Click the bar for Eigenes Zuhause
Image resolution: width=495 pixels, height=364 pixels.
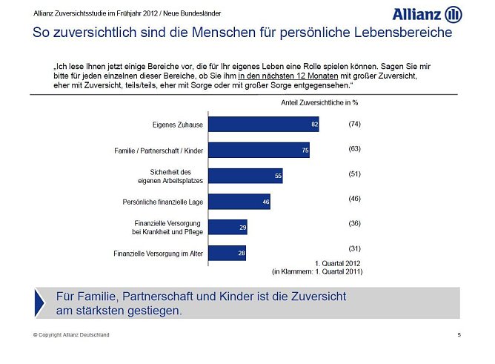tap(263, 125)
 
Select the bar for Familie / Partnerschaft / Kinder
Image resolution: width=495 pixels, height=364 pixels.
tap(258, 150)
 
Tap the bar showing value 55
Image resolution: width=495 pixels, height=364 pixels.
tap(245, 176)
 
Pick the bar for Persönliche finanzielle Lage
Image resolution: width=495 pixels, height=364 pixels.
tap(239, 202)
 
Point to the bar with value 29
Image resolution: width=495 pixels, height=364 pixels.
tap(227, 228)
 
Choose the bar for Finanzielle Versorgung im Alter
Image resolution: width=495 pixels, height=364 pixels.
tap(227, 254)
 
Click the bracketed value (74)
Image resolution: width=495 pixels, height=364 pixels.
tap(354, 124)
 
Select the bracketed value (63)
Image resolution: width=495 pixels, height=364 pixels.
tap(354, 149)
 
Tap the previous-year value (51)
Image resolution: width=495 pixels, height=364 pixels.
tap(354, 174)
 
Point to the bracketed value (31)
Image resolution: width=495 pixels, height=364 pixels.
tap(354, 248)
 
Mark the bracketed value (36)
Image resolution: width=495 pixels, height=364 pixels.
tap(354, 222)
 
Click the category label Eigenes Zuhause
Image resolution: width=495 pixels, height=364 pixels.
tap(178, 125)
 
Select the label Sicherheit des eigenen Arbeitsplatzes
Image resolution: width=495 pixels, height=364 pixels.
tap(171, 176)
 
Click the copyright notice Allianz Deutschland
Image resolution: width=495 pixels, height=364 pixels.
tap(71, 335)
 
